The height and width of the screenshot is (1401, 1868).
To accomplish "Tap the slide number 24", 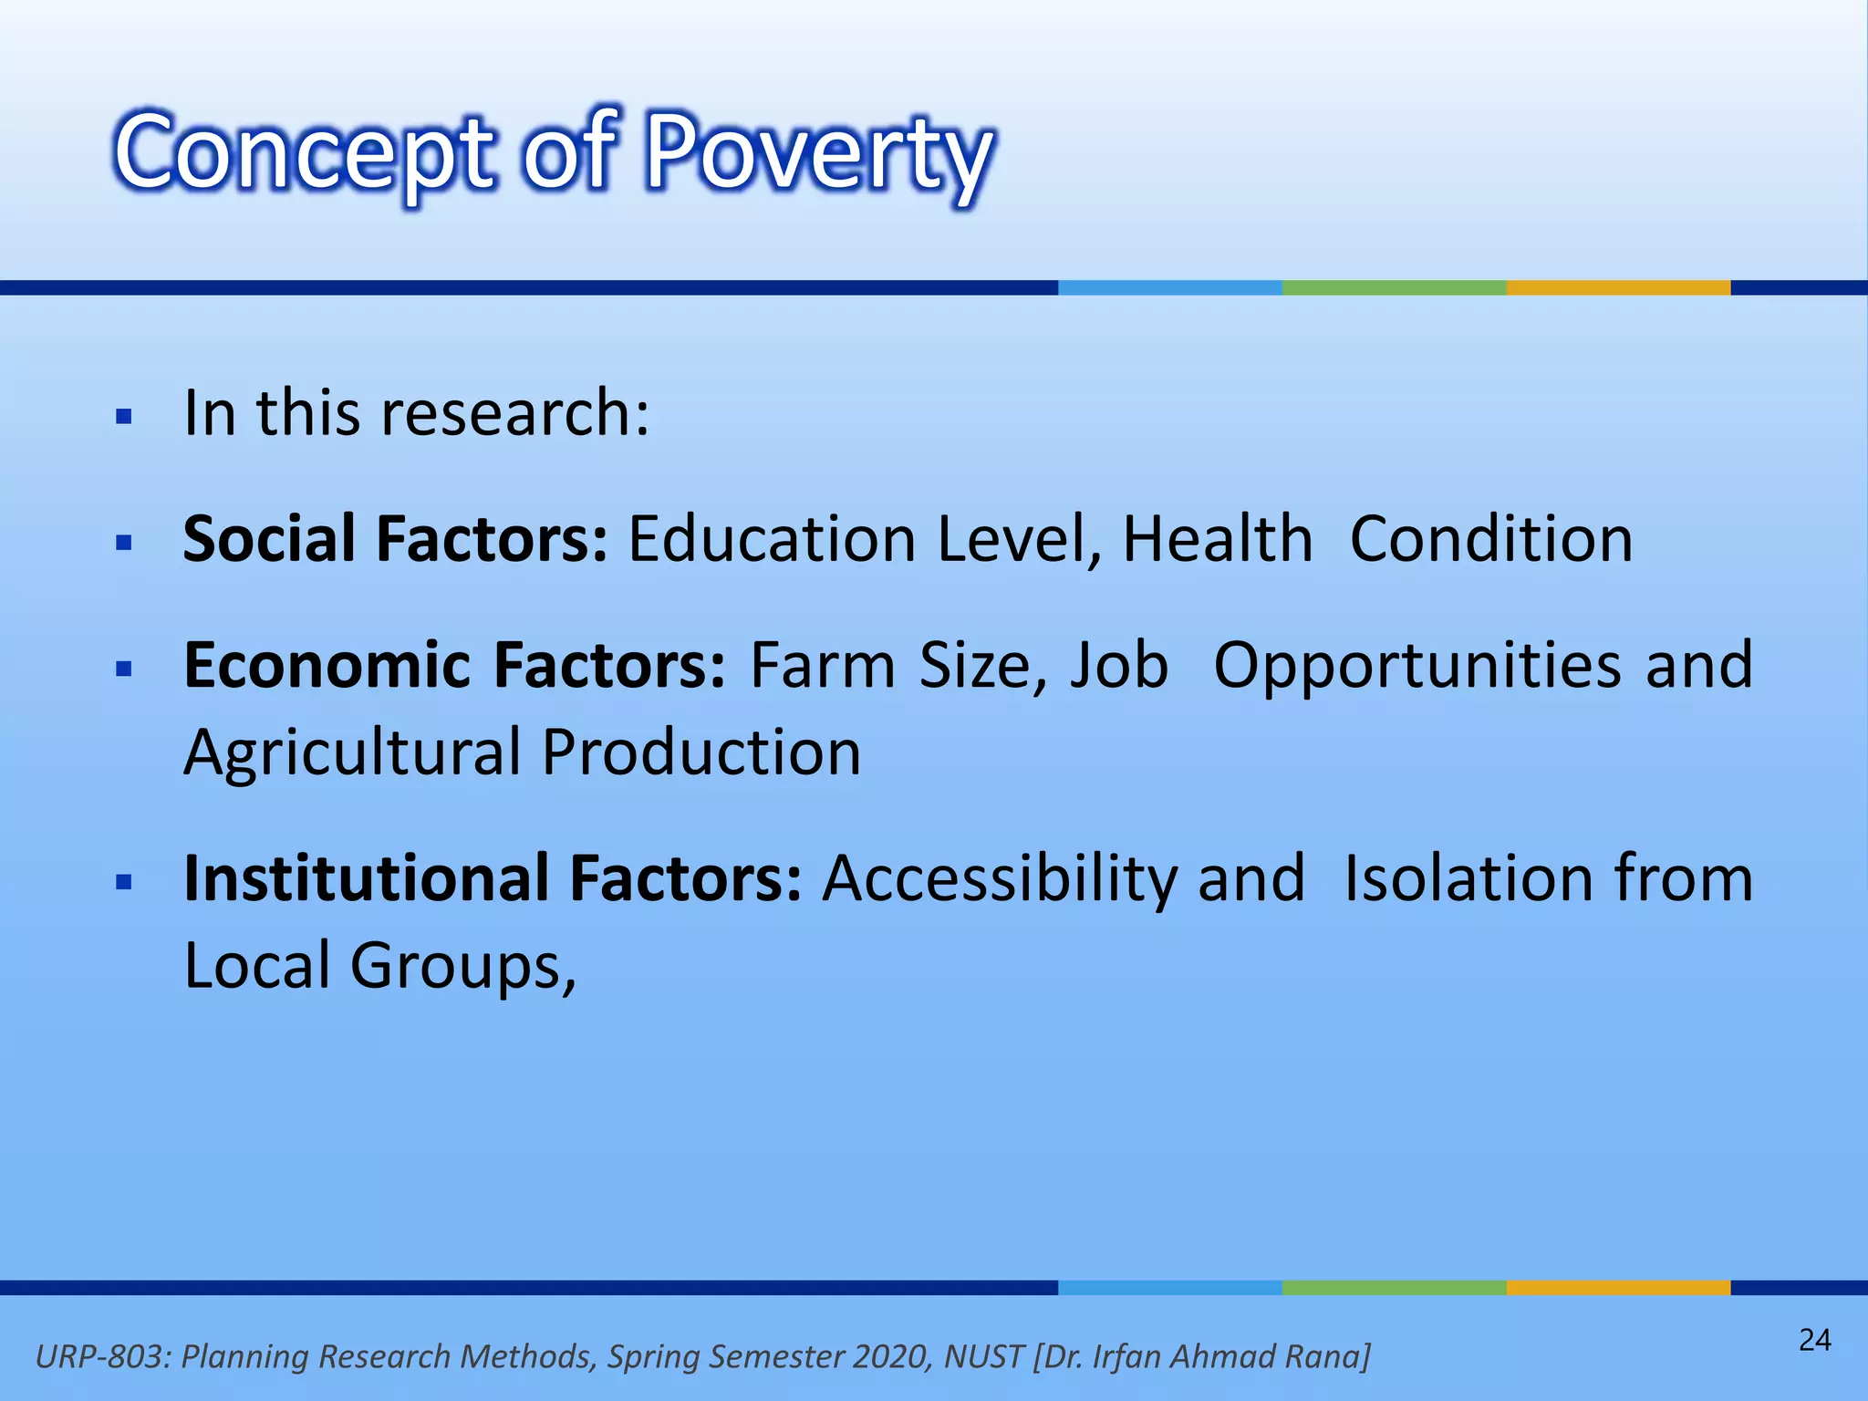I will (1814, 1340).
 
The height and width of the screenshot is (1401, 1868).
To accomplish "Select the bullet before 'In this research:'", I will (125, 418).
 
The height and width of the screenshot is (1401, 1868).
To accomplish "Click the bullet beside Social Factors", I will (125, 544).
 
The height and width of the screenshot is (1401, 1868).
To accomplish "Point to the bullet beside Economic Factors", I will (125, 669).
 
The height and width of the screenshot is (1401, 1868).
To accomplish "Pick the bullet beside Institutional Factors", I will (125, 882).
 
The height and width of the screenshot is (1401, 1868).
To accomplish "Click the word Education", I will (772, 539).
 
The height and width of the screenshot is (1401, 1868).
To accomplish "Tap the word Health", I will (1217, 539).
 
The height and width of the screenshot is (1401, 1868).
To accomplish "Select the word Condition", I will (1490, 539).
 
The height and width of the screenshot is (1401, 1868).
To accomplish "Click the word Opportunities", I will (1417, 666).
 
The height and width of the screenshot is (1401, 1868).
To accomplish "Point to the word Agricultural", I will (351, 753).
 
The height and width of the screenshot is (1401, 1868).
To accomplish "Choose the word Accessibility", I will (1000, 879).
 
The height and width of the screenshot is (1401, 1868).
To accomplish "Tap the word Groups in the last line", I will (463, 967).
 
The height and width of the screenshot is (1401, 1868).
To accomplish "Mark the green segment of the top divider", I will (1394, 287).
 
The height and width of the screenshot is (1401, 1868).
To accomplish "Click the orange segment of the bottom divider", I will (1618, 1287).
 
